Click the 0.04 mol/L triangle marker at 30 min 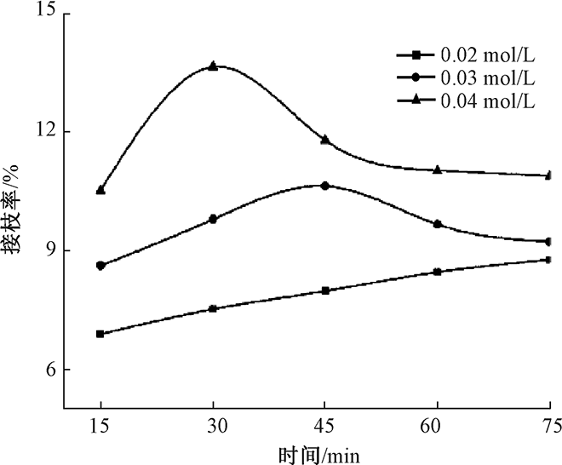pos(213,66)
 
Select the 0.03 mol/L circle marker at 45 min pos(324,185)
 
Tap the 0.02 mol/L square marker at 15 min pos(100,334)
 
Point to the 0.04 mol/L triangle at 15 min pos(100,190)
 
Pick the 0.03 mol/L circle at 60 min pos(438,224)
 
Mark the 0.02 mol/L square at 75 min pos(549,260)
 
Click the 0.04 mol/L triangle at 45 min pos(324,139)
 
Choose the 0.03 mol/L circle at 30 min pos(213,219)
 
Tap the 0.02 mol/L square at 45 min pos(324,290)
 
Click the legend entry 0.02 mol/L pos(488,55)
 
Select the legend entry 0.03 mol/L pos(488,78)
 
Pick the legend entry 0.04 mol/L pos(488,101)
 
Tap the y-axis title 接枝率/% pos(13,210)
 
